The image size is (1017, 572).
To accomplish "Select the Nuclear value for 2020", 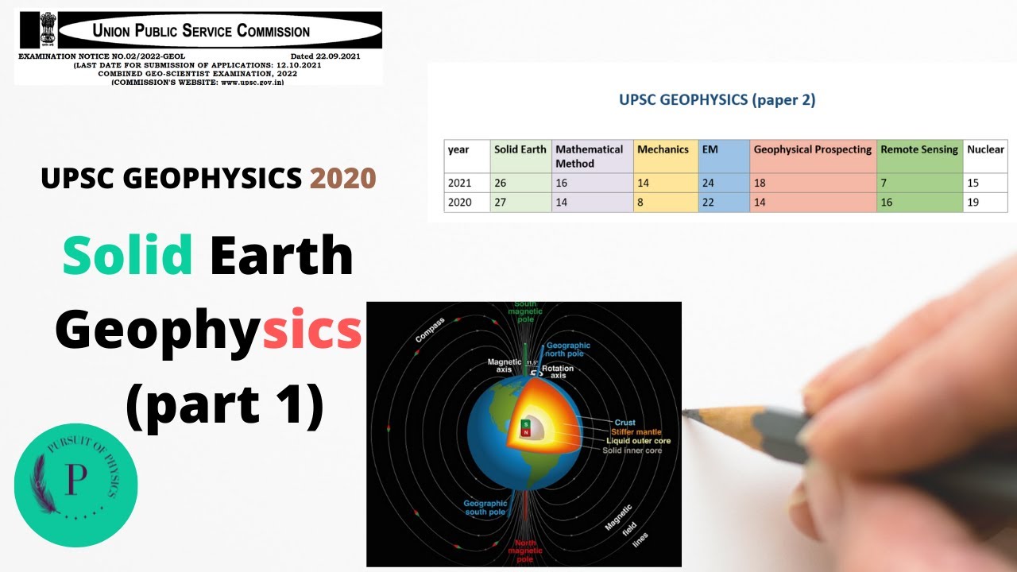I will [974, 203].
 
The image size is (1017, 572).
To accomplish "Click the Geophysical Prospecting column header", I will [812, 149].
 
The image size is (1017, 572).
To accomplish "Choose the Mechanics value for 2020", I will [642, 203].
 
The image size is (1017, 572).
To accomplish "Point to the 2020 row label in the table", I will [459, 203].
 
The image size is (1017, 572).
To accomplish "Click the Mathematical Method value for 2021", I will [563, 184].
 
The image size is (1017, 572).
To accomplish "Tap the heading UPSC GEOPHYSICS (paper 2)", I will [717, 100].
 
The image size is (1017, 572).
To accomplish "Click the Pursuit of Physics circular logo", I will [76, 485].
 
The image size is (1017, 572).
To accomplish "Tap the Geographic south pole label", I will [485, 508].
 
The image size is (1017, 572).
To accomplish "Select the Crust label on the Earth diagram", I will [625, 423].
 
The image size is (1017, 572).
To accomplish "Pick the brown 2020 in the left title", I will [342, 179].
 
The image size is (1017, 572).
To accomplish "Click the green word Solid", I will [127, 257].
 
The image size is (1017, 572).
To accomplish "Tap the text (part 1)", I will [225, 404].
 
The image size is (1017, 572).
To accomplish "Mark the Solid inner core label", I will [632, 450].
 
